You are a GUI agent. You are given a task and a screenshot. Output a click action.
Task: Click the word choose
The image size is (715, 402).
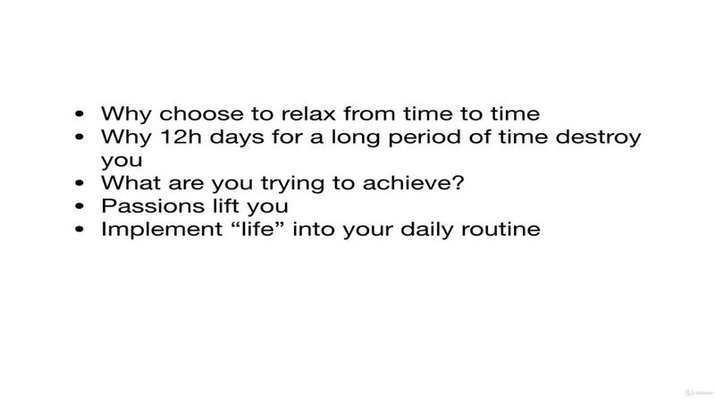point(202,114)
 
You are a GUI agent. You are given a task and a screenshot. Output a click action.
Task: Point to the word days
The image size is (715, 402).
point(237,138)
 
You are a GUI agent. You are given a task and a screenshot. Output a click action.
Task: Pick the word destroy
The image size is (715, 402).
point(598,138)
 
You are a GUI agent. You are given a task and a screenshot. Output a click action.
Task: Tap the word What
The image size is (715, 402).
point(130,183)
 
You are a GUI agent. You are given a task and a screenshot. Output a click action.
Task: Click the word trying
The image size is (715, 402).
point(293,184)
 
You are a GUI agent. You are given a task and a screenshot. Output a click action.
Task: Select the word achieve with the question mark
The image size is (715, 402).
point(413,183)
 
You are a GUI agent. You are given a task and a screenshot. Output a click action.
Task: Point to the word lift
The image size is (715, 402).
point(226,206)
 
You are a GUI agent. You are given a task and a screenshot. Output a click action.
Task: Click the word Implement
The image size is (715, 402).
point(162,230)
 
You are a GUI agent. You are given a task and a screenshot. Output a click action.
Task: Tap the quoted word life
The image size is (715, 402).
point(258,229)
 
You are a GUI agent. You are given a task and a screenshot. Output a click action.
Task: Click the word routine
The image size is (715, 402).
point(500,229)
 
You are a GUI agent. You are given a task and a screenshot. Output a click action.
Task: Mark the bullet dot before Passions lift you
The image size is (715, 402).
point(80,206)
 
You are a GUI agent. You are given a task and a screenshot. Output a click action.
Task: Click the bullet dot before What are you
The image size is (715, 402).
point(80,183)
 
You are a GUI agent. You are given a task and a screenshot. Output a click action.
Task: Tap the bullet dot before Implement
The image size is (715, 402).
point(80,230)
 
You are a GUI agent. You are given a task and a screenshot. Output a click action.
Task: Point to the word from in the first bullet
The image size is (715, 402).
point(370,114)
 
